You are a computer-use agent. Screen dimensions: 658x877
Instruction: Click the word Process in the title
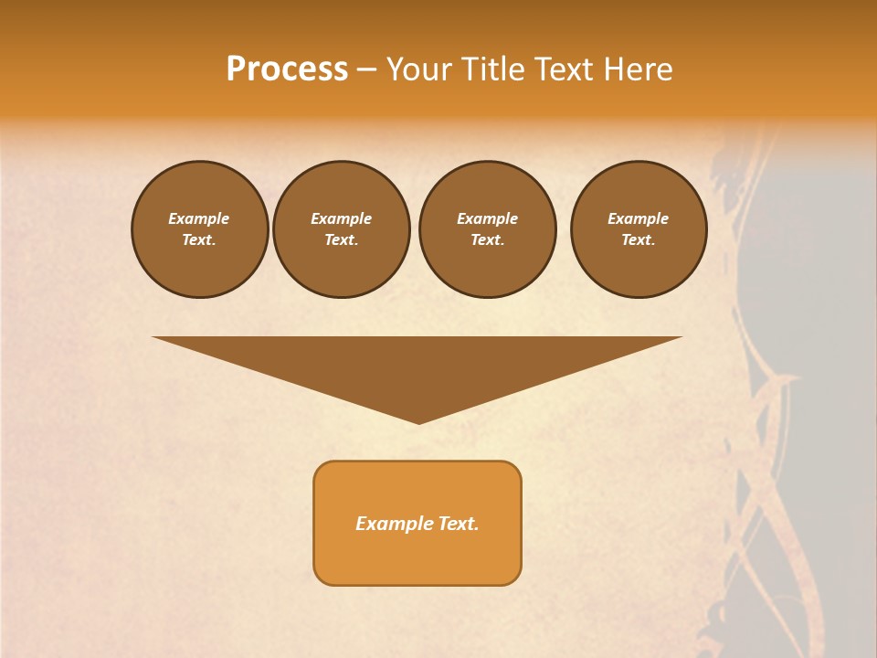[287, 69]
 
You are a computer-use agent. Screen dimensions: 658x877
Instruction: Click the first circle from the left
[199, 229]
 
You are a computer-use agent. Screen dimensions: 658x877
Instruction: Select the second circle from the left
[341, 229]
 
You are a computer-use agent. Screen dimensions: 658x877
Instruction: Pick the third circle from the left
[487, 229]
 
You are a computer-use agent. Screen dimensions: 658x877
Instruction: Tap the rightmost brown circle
[639, 229]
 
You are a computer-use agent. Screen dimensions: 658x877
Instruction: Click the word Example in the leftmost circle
[199, 218]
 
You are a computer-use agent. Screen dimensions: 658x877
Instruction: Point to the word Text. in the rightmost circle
[639, 240]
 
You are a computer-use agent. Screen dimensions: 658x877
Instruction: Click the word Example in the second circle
[341, 218]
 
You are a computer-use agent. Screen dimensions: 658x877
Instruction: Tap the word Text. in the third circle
[487, 240]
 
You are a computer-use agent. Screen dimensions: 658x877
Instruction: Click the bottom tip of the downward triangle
[418, 421]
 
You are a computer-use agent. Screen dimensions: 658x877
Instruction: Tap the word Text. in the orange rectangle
[459, 524]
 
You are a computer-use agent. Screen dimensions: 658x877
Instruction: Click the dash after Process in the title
[366, 70]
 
